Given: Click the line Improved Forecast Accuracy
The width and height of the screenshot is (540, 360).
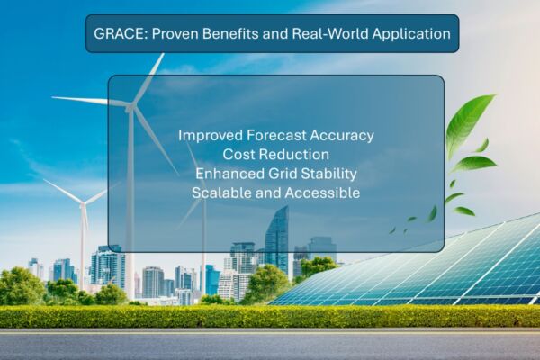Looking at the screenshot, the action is click(x=276, y=135).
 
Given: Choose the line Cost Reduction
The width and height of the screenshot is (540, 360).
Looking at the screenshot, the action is click(x=276, y=154).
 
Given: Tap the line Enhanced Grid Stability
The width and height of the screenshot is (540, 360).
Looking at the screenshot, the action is click(x=276, y=174).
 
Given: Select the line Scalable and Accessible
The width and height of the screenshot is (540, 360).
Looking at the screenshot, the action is click(x=276, y=193).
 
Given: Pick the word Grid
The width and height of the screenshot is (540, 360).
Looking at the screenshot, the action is click(x=283, y=174).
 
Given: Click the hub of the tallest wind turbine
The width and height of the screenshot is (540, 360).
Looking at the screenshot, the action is click(x=130, y=107).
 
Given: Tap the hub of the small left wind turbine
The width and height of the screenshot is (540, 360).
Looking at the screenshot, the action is click(x=83, y=204).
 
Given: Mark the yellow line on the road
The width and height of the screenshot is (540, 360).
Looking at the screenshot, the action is click(x=270, y=334).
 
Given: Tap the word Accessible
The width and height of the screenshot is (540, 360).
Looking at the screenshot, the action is click(x=322, y=193).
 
